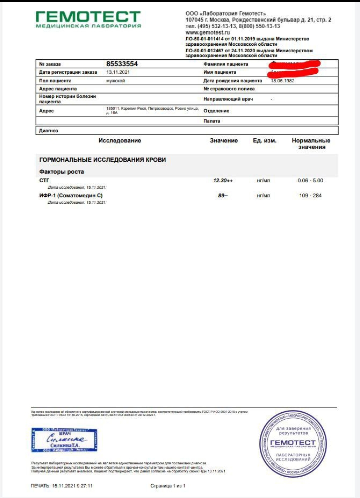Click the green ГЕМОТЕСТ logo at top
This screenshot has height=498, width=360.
pyautogui.click(x=88, y=19)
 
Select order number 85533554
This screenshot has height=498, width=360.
pyautogui.click(x=122, y=64)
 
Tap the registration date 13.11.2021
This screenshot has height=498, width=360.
pyautogui.click(x=118, y=72)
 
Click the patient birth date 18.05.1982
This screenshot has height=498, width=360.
pyautogui.click(x=283, y=80)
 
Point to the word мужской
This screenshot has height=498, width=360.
pyautogui.click(x=116, y=80)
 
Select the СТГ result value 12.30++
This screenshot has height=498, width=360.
pyautogui.click(x=223, y=180)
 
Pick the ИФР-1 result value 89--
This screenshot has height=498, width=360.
pyautogui.click(x=223, y=195)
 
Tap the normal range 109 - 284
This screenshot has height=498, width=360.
pyautogui.click(x=310, y=195)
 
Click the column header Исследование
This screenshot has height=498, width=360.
pyautogui.click(x=120, y=141)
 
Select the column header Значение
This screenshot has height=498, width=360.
pyautogui.click(x=224, y=141)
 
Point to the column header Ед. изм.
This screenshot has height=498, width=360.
pyautogui.click(x=265, y=141)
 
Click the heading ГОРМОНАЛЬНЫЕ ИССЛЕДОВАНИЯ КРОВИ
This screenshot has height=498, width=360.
pyautogui.click(x=102, y=160)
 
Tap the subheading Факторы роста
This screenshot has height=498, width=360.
pyautogui.click(x=61, y=171)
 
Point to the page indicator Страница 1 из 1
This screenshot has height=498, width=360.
pyautogui.click(x=168, y=485)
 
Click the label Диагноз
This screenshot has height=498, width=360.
pyautogui.click(x=49, y=131)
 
